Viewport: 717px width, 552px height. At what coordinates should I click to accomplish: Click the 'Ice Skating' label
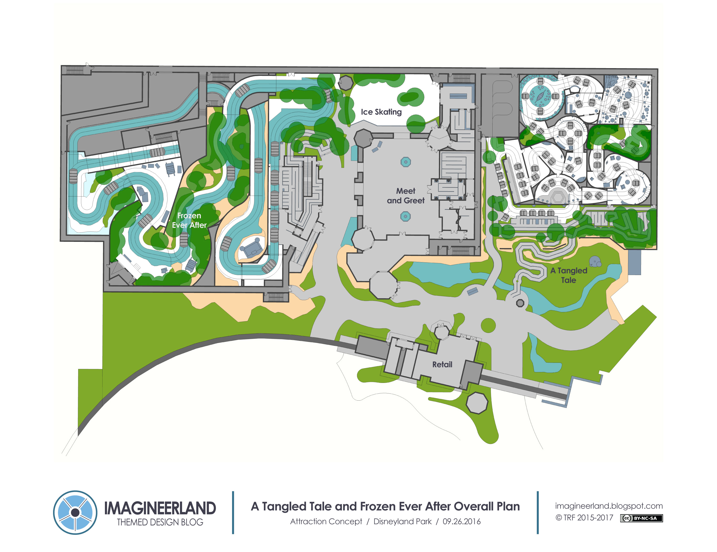(x=381, y=112)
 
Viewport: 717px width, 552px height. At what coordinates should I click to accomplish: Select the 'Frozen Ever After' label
(x=189, y=220)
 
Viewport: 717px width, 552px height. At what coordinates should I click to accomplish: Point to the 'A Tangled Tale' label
(x=569, y=275)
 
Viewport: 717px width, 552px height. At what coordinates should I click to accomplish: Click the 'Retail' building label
(x=442, y=364)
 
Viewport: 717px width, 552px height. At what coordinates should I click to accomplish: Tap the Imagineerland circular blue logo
(x=75, y=512)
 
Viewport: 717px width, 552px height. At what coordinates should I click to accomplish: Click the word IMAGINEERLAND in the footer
(x=160, y=508)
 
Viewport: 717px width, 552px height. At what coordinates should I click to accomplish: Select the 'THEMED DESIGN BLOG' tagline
(x=160, y=522)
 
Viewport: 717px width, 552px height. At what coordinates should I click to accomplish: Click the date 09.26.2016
(x=461, y=521)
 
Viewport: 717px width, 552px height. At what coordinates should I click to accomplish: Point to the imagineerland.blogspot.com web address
(x=609, y=506)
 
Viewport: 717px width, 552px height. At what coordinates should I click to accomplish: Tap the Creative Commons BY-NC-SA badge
(x=641, y=518)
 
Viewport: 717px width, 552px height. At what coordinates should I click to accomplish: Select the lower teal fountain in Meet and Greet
(x=405, y=216)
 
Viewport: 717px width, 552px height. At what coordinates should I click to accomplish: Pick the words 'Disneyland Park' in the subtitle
(x=402, y=521)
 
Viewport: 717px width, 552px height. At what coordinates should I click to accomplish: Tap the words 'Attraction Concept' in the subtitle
(x=326, y=521)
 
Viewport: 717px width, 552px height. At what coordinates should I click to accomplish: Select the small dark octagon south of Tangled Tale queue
(x=520, y=303)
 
